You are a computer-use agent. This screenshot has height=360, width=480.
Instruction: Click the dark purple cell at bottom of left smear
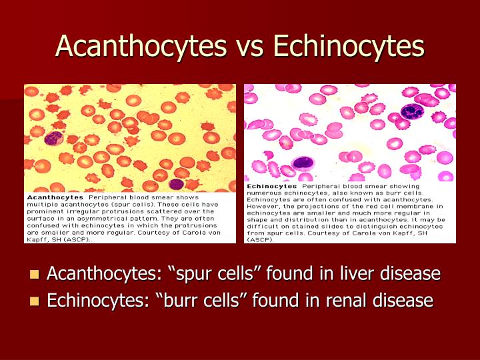(x=176, y=184)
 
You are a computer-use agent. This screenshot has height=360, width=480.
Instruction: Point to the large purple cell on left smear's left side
(x=53, y=138)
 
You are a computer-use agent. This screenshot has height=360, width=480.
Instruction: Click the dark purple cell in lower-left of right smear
(x=303, y=163)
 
